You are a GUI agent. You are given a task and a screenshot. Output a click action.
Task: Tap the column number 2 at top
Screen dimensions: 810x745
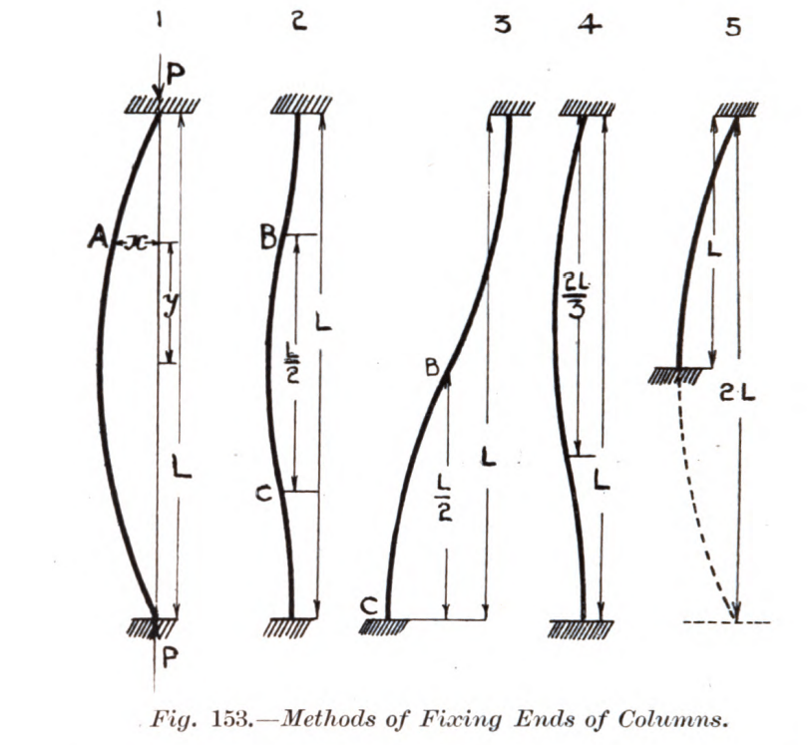pos(298,22)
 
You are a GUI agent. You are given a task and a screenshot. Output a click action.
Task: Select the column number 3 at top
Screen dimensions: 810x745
pos(502,25)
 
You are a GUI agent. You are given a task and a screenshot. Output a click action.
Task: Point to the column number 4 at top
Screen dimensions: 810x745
pos(590,25)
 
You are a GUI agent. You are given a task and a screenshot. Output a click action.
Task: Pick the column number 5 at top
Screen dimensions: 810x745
pos(732,26)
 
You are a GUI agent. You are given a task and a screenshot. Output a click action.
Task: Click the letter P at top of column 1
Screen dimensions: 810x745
pos(176,76)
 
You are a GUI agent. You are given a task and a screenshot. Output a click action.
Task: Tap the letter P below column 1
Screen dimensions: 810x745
pos(170,658)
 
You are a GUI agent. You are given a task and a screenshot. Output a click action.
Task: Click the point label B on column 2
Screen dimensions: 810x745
pos(268,238)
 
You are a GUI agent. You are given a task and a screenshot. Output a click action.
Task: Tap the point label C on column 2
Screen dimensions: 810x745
pos(263,494)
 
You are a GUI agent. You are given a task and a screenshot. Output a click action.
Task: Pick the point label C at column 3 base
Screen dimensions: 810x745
pos(370,606)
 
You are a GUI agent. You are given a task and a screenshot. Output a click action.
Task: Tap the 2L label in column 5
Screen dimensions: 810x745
pos(738,394)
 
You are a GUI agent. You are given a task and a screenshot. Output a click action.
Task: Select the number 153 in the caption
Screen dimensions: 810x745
pos(228,719)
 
